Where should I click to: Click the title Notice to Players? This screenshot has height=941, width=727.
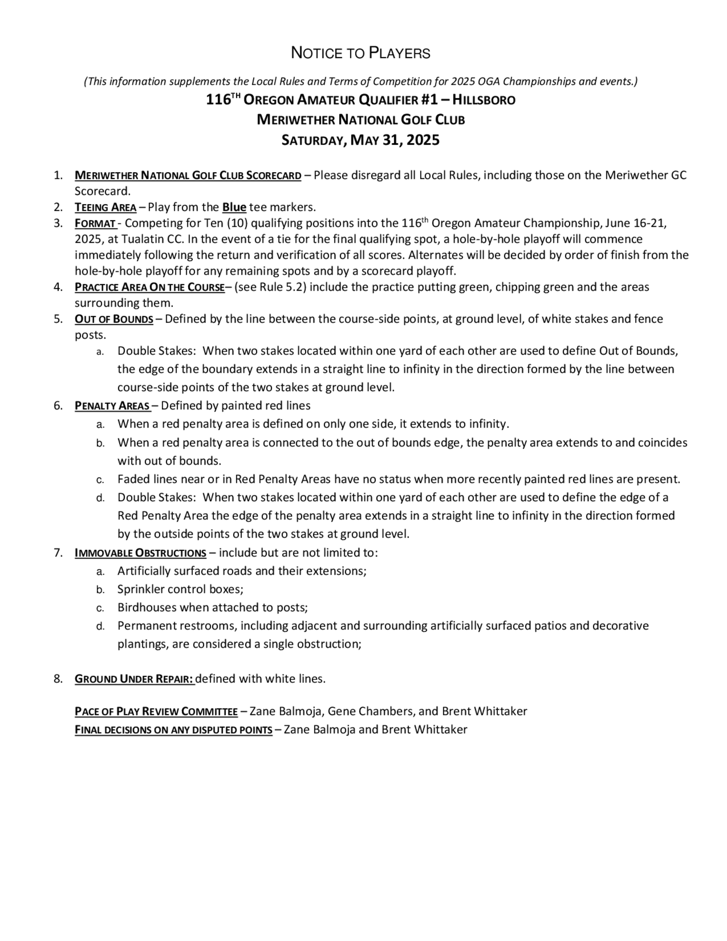[361, 53]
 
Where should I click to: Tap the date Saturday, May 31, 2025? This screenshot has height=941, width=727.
[361, 140]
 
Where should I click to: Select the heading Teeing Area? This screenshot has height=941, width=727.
[105, 208]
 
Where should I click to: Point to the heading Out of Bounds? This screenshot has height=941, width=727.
[114, 319]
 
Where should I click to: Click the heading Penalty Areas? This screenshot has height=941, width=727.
[112, 406]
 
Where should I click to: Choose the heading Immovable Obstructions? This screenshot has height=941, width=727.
[140, 553]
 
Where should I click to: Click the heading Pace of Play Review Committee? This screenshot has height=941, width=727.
[156, 711]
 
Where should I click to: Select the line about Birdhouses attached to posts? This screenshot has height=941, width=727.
[212, 608]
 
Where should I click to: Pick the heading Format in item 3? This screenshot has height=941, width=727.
[95, 224]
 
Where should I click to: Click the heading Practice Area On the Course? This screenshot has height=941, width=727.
[149, 287]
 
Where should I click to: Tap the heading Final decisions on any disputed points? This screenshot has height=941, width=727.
[173, 730]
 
